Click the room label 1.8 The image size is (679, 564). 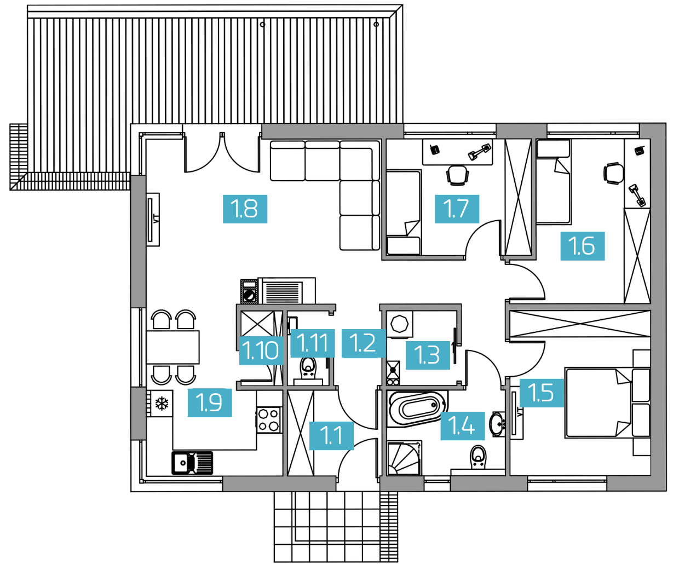pyautogui.click(x=245, y=209)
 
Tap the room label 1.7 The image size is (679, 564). pyautogui.click(x=457, y=209)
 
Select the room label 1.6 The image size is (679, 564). pyautogui.click(x=583, y=246)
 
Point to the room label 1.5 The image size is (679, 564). pyautogui.click(x=542, y=393)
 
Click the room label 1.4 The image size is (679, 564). pyautogui.click(x=462, y=426)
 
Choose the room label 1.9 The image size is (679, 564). pyautogui.click(x=210, y=402)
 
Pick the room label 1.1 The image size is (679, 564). pyautogui.click(x=331, y=436)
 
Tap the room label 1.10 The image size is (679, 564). pyautogui.click(x=261, y=350)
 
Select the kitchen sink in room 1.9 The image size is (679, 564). pyautogui.click(x=192, y=463)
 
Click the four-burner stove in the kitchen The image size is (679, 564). pyautogui.click(x=269, y=420)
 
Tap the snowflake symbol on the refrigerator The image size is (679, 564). pyautogui.click(x=162, y=404)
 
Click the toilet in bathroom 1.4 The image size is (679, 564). pyautogui.click(x=478, y=457)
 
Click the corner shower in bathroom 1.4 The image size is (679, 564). pyautogui.click(x=404, y=458)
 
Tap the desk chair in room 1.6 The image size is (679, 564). pyautogui.click(x=613, y=174)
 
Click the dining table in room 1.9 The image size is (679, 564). pyautogui.click(x=172, y=347)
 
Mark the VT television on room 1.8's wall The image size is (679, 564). pyautogui.click(x=153, y=220)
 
